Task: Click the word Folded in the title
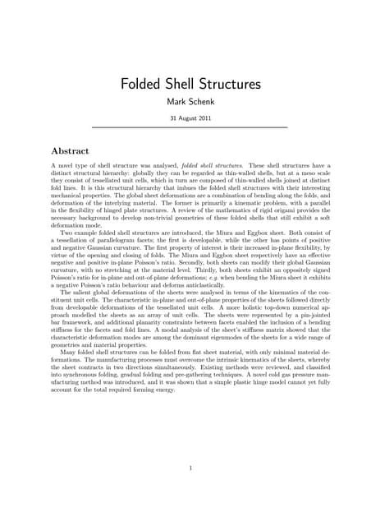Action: click(143, 85)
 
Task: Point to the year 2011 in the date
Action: click(208, 118)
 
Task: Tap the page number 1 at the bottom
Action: click(189, 469)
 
